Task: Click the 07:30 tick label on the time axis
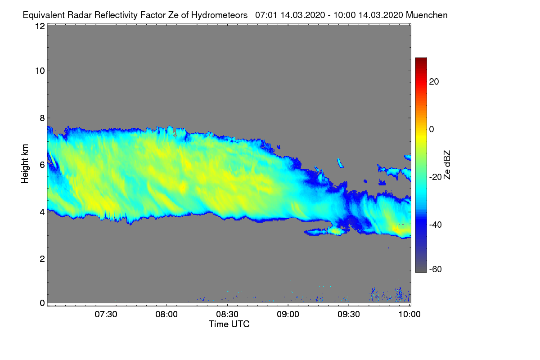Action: click(106, 314)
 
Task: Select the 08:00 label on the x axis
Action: click(166, 314)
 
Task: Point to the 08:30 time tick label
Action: click(227, 314)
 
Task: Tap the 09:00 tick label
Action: click(288, 314)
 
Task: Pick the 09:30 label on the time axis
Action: click(349, 314)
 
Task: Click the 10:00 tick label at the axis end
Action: click(409, 314)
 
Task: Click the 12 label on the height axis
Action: click(40, 27)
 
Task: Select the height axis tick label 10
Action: click(40, 71)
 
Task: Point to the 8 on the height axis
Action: click(42, 118)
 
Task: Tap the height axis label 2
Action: click(42, 259)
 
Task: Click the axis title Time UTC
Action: click(229, 324)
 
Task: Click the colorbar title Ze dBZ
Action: click(447, 165)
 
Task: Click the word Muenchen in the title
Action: click(427, 15)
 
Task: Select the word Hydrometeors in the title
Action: click(220, 15)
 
